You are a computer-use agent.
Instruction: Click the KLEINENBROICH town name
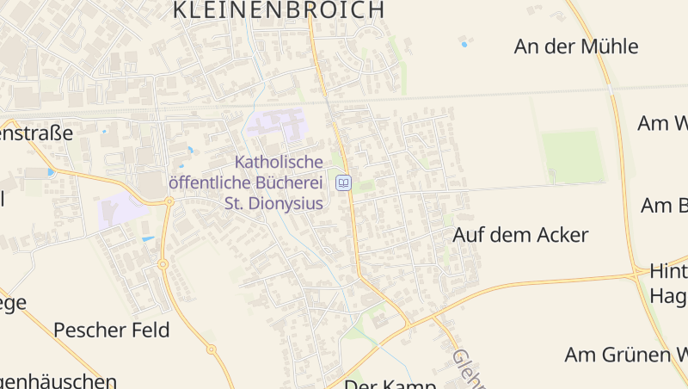(x=279, y=10)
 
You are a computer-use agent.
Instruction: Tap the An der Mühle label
(x=576, y=46)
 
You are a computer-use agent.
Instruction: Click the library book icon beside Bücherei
(x=344, y=182)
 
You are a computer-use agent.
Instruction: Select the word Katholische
(x=279, y=162)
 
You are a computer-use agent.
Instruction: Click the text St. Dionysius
(x=273, y=204)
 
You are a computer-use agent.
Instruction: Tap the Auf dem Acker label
(x=520, y=235)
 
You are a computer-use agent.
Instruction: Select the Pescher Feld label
(x=112, y=330)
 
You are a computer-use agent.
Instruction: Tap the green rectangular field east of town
(x=572, y=156)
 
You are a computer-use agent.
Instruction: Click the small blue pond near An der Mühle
(x=464, y=44)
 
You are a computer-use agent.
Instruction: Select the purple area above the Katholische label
(x=277, y=124)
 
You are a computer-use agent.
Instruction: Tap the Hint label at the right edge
(x=668, y=272)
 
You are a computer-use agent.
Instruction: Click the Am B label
(x=664, y=206)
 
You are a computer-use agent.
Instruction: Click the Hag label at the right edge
(x=668, y=296)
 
